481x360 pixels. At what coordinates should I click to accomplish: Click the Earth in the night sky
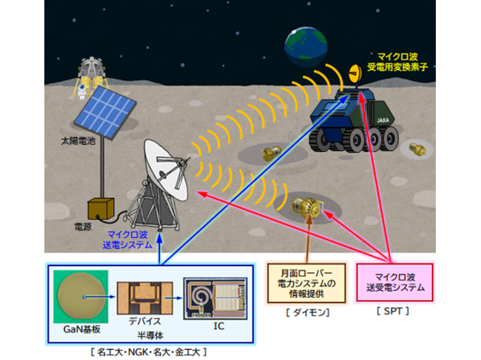306,47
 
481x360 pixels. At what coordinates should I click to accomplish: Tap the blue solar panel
105,112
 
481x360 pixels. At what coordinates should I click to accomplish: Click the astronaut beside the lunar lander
82,91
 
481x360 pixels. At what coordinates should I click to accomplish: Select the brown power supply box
101,209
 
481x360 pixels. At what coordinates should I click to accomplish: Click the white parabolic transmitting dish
165,170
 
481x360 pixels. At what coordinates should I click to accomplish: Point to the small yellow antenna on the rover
355,73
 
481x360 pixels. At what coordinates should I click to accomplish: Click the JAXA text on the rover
383,120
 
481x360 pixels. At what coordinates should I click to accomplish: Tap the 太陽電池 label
78,141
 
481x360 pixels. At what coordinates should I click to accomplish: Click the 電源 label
83,227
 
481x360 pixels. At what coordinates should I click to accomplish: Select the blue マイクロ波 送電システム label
127,240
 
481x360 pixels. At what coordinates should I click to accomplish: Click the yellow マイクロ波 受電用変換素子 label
397,61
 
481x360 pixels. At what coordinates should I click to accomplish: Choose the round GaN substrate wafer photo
81,297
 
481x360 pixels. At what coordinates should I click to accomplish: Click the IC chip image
216,299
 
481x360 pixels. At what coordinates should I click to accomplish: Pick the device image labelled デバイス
145,299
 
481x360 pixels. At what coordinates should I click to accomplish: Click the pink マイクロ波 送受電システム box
395,282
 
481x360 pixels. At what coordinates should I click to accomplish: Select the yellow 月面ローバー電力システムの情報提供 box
306,283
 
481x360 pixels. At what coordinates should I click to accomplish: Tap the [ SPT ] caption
393,311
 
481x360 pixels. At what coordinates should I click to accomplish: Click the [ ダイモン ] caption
308,313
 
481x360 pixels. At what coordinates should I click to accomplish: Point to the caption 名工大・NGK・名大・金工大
148,351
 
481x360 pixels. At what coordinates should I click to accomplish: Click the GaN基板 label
82,329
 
